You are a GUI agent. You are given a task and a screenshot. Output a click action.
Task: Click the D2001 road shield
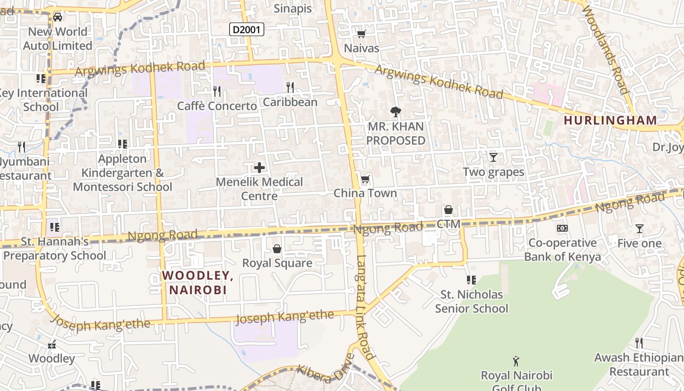click(247, 30)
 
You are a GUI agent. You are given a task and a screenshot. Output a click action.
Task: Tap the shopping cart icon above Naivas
click(362, 34)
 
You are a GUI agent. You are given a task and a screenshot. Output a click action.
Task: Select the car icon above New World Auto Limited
click(58, 17)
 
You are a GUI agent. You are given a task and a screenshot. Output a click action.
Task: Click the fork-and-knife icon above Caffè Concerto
click(217, 91)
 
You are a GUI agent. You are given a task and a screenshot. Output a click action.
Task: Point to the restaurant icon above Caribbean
click(290, 87)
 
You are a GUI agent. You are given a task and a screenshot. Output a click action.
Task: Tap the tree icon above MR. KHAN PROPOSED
click(396, 112)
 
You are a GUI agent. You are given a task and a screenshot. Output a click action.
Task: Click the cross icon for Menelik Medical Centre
click(259, 168)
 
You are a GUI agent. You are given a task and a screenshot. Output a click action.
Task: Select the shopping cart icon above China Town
click(365, 179)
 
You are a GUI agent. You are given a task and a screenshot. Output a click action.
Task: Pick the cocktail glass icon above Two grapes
click(493, 157)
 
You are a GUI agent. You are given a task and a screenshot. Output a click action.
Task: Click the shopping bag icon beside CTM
click(448, 210)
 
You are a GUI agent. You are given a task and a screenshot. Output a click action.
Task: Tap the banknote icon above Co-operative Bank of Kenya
click(562, 228)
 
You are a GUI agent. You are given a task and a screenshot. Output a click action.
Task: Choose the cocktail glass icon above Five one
click(639, 229)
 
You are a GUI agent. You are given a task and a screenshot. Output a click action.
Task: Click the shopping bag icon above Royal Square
click(277, 249)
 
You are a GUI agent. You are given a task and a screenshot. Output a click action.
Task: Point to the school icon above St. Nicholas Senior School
click(471, 280)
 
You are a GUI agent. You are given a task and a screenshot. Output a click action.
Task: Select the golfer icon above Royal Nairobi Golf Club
click(516, 361)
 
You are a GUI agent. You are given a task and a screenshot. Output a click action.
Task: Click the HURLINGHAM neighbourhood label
click(610, 120)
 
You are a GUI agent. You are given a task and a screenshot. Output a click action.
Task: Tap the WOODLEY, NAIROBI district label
click(198, 282)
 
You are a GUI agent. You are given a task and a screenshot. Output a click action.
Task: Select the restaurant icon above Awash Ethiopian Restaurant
click(639, 343)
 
